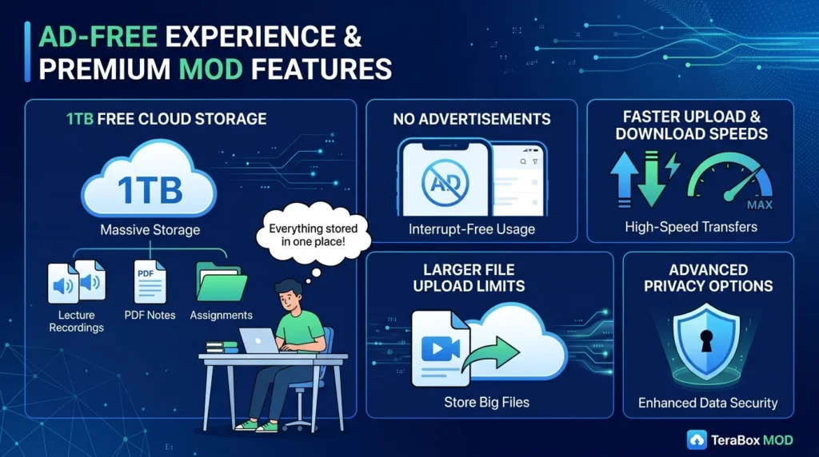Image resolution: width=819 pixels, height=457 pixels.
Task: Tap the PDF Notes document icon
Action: (149, 280)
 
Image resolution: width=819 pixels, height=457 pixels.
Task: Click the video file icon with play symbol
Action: (437, 348)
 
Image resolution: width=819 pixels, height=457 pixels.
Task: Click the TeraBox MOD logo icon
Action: (697, 439)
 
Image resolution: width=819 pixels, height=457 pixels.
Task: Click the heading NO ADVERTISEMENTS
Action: (472, 119)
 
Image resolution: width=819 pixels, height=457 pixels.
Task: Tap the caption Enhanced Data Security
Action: (708, 403)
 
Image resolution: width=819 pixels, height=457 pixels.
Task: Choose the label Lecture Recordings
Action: (76, 321)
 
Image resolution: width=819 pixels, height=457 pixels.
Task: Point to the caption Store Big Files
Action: (486, 403)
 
